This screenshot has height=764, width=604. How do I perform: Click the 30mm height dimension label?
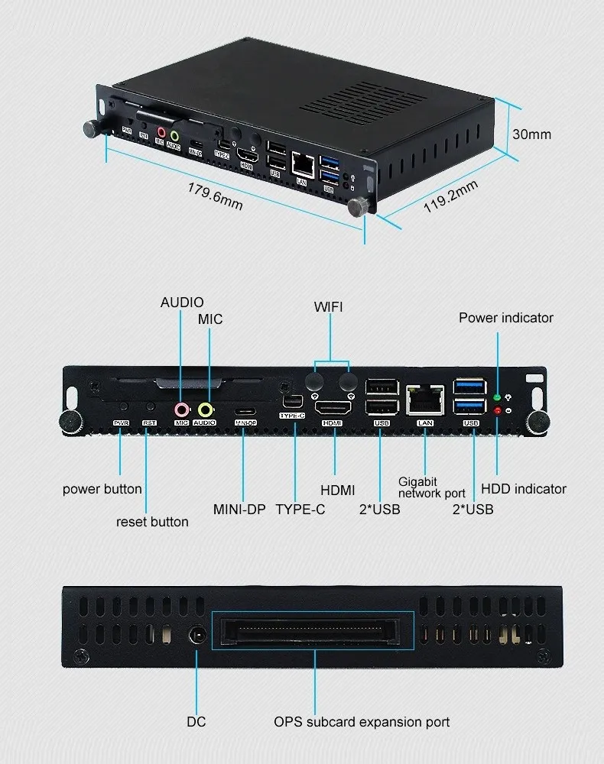pos(531,134)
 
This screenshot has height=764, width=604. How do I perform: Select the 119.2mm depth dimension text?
pos(450,198)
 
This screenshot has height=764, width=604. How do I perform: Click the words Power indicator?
pos(506,318)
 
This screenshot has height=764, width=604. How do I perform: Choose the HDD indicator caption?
pos(524,489)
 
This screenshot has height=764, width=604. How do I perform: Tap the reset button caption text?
pos(152,522)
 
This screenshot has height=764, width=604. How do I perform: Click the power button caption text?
pos(102,489)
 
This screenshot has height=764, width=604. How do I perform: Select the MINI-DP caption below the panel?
pos(239,509)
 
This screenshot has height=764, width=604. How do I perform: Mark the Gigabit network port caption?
pos(431,487)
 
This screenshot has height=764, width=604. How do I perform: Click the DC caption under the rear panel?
pos(196,722)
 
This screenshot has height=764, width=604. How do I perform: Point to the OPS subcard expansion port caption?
pos(362,722)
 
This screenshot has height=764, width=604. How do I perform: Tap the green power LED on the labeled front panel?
pos(498,398)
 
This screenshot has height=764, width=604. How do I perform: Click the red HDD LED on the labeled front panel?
pos(498,411)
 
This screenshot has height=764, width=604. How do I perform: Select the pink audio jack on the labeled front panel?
pos(181,410)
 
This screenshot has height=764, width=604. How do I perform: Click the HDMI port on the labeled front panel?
pos(333,409)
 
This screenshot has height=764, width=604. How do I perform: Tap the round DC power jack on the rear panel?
pos(198,635)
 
